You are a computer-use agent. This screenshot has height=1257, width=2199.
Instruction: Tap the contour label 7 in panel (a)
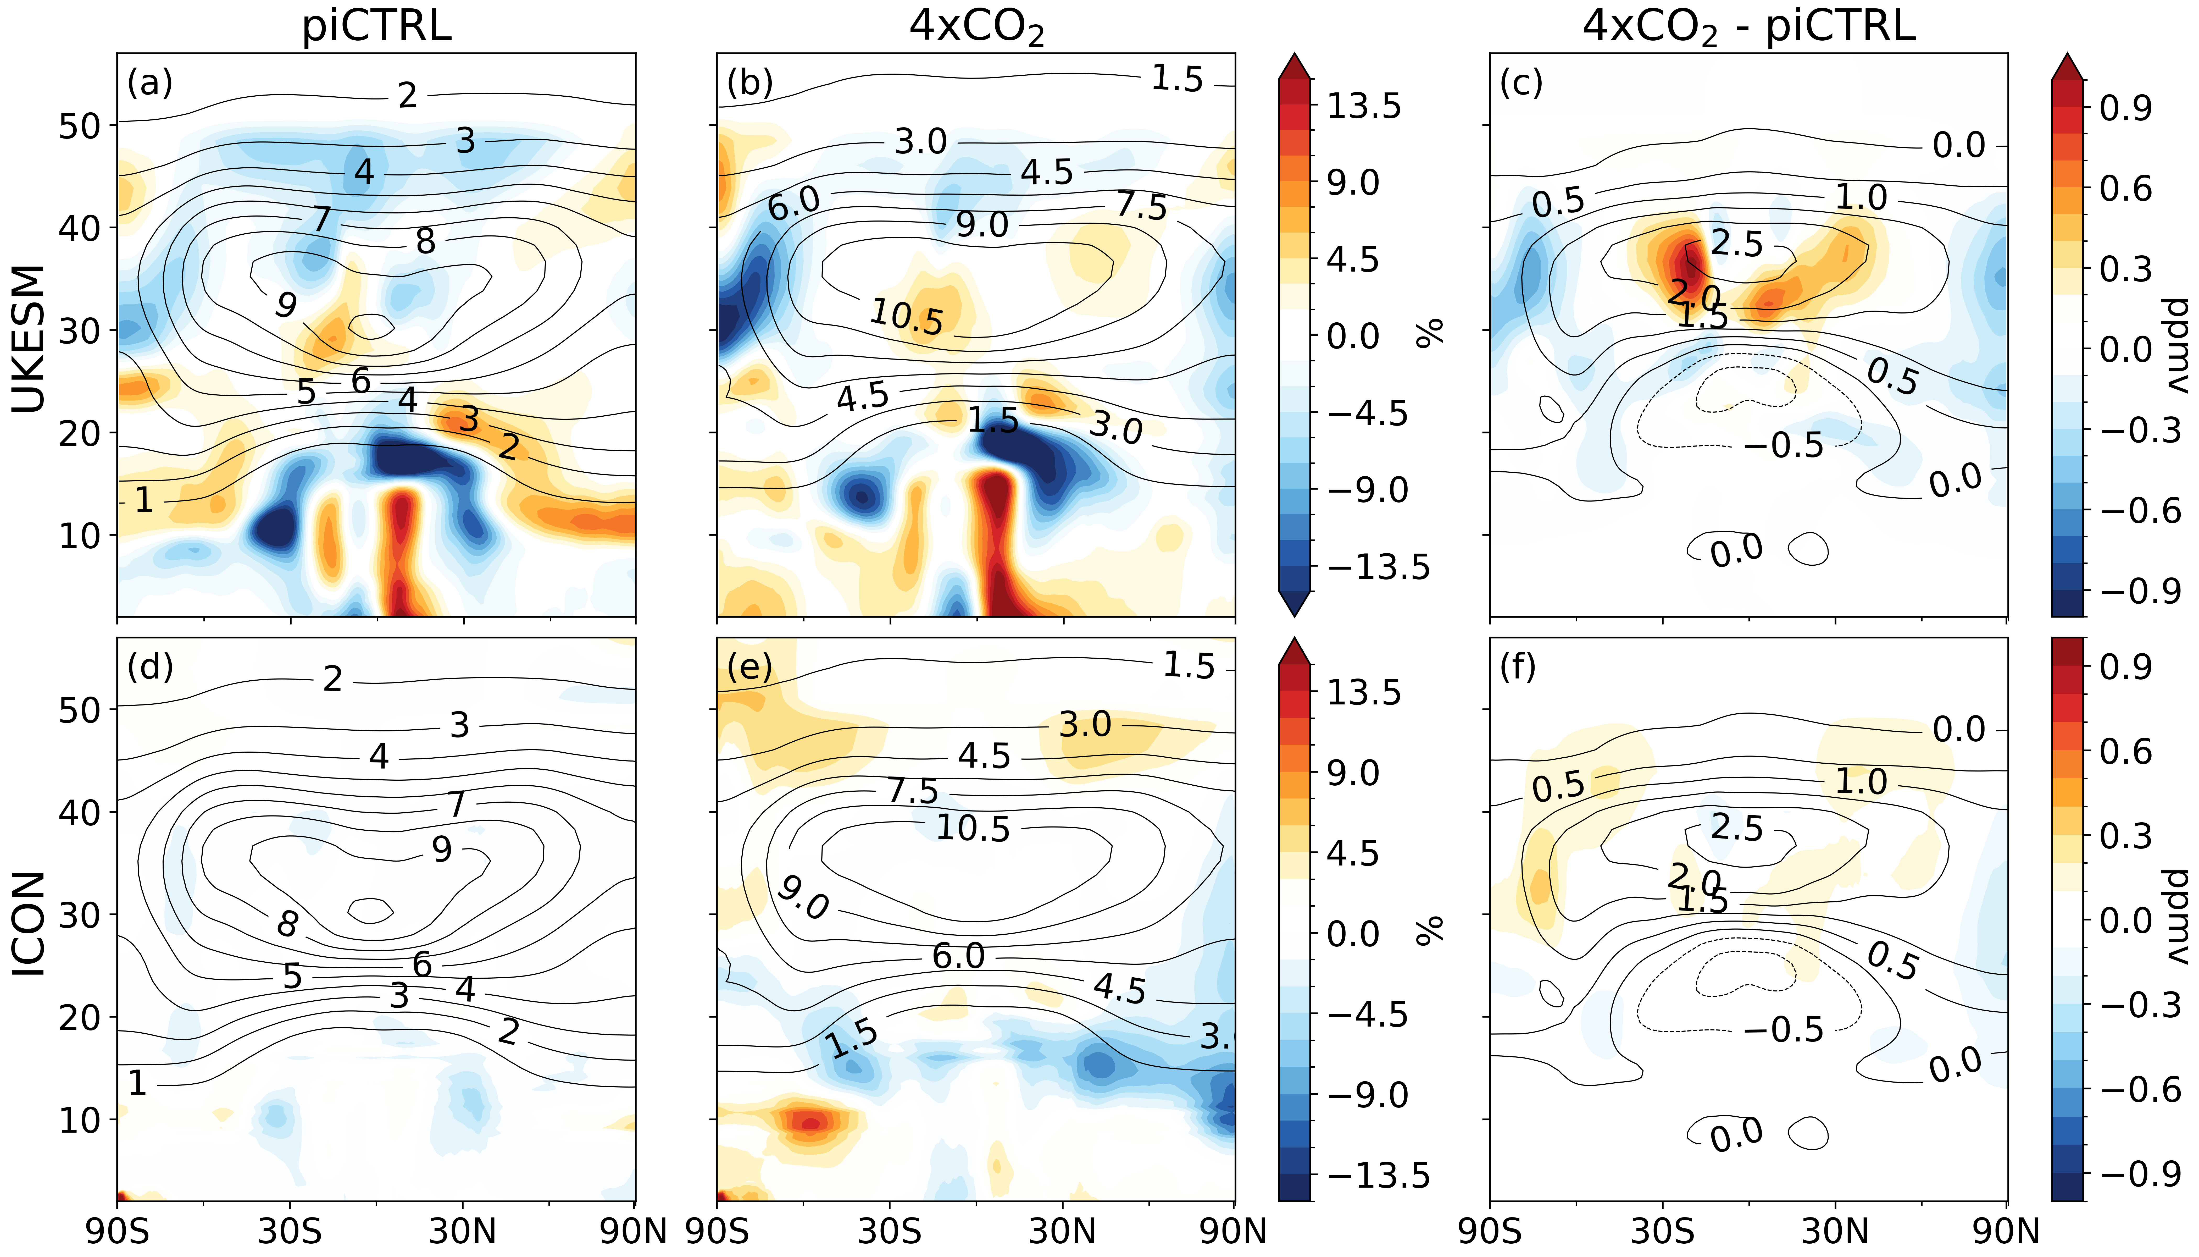tap(322, 218)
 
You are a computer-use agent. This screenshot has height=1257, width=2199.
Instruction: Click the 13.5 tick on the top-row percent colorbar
tap(1364, 106)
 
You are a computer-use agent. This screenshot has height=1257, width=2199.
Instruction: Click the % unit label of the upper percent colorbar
tap(1430, 332)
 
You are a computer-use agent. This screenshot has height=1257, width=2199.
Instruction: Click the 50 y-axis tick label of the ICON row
tap(79, 710)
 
